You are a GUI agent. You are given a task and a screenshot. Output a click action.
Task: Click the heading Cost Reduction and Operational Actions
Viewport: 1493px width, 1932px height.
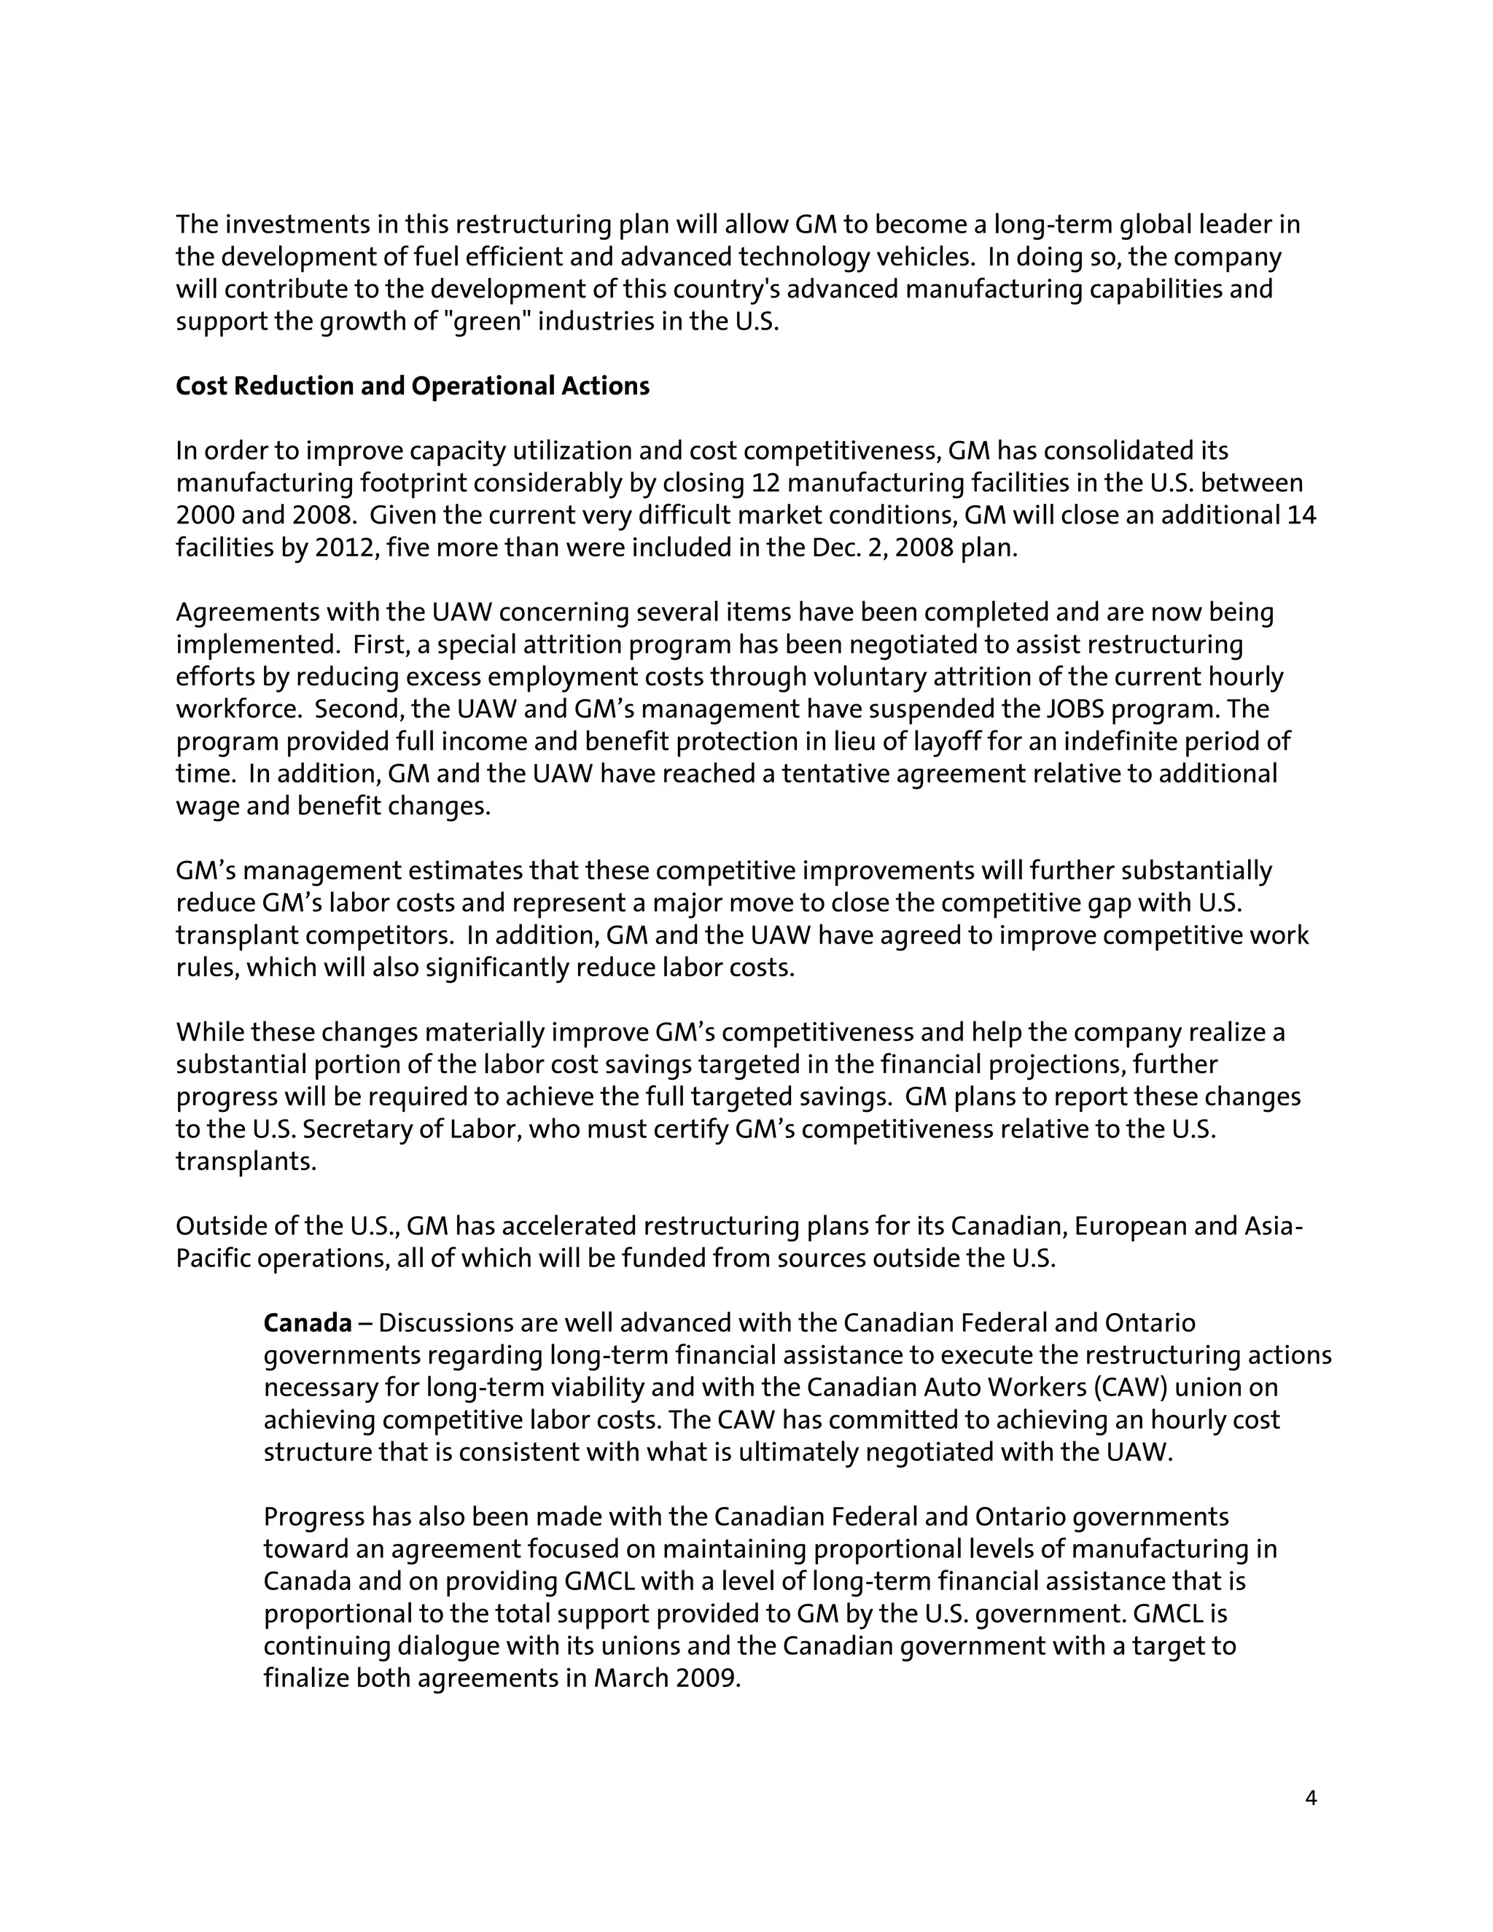tap(412, 386)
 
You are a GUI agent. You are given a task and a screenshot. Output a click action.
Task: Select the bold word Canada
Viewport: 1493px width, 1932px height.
tap(307, 1323)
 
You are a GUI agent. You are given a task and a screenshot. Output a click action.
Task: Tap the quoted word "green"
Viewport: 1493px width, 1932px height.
tap(491, 321)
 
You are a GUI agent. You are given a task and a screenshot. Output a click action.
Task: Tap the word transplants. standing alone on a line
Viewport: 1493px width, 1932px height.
tap(246, 1161)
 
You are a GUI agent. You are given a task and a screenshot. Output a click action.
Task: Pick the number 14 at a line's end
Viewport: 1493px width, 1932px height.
tap(1302, 515)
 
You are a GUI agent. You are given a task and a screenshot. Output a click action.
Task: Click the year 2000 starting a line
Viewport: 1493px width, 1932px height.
tap(203, 515)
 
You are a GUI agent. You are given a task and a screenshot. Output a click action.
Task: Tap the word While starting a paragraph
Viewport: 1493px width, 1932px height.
tap(208, 1032)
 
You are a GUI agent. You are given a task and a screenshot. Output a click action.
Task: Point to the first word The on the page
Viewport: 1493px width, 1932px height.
tap(195, 225)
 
